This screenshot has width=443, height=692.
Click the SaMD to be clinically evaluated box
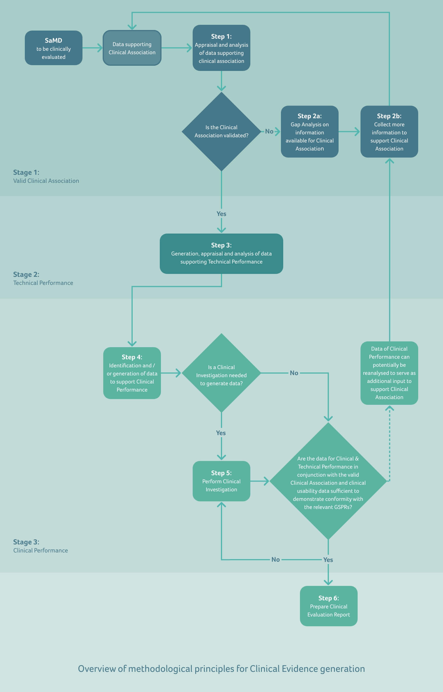(54, 48)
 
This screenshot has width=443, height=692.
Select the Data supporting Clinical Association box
(132, 48)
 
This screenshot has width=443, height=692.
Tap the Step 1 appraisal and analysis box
(221, 48)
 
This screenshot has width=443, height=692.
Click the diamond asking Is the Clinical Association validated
(221, 131)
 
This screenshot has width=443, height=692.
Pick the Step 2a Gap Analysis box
(309, 132)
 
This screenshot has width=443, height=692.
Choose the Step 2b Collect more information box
(389, 132)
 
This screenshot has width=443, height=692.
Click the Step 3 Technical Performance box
(221, 254)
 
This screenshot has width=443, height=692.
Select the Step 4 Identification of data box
(132, 373)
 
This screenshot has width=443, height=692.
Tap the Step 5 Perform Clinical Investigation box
(221, 481)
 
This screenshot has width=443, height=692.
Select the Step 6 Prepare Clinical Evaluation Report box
(329, 606)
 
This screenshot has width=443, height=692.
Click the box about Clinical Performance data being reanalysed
(389, 373)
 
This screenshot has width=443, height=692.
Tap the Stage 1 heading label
(26, 172)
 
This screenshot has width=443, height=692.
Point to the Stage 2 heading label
(26, 274)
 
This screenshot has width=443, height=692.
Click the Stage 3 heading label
(26, 542)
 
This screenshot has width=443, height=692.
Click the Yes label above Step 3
(221, 214)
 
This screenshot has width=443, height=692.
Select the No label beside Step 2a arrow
(269, 131)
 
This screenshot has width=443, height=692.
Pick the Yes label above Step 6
(328, 560)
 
